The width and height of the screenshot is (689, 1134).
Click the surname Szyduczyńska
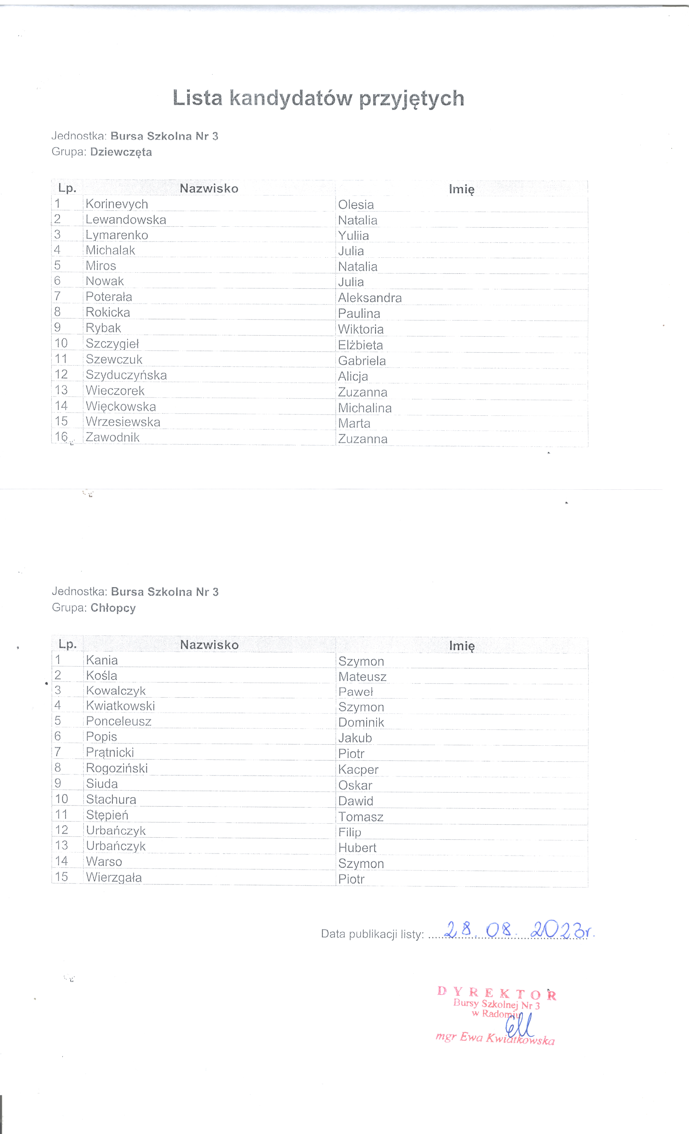(x=126, y=375)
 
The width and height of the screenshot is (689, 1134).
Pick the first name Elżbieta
(x=360, y=345)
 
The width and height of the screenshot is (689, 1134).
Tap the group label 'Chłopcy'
(x=113, y=608)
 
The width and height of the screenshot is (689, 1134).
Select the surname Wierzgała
(x=114, y=877)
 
